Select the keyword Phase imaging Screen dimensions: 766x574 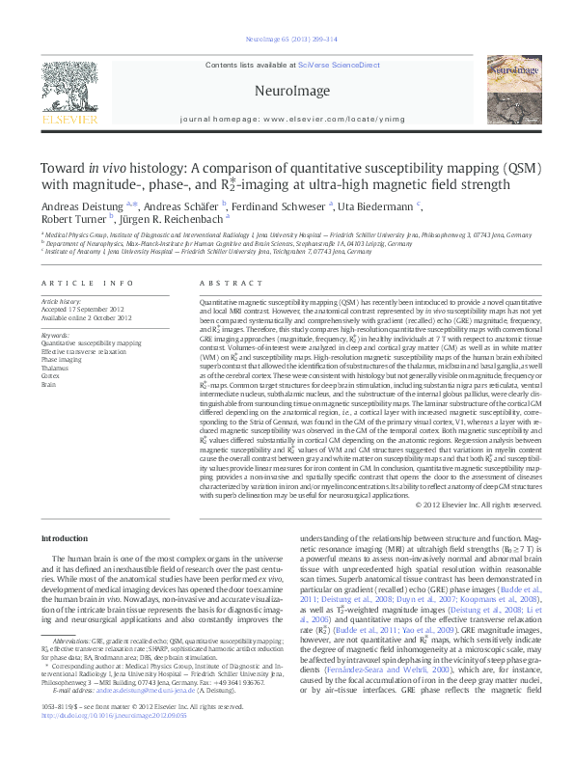(63, 360)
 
